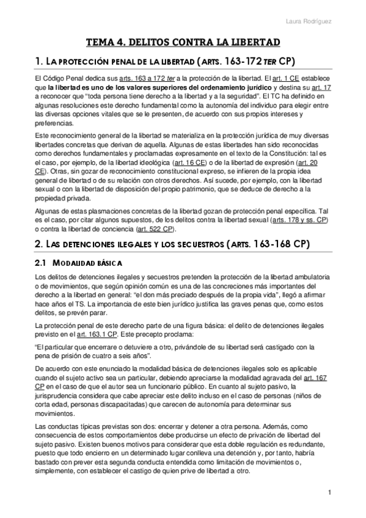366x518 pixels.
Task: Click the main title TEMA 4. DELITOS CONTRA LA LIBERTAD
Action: point(183,42)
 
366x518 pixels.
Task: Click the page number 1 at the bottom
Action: point(329,492)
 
